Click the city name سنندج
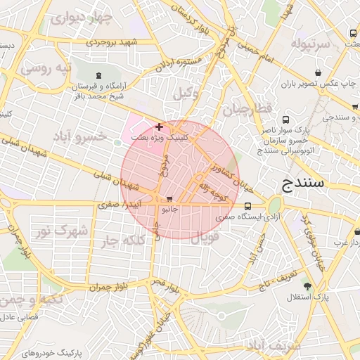pos(302,184)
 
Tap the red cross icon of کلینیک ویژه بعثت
pos(160,127)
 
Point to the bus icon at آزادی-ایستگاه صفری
pos(248,207)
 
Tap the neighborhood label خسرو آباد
pos(103,135)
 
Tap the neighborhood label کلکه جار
pos(131,241)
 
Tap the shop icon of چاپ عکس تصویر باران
pos(319,72)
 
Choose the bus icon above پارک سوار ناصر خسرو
pos(286,120)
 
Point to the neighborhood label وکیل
pos(185,93)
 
